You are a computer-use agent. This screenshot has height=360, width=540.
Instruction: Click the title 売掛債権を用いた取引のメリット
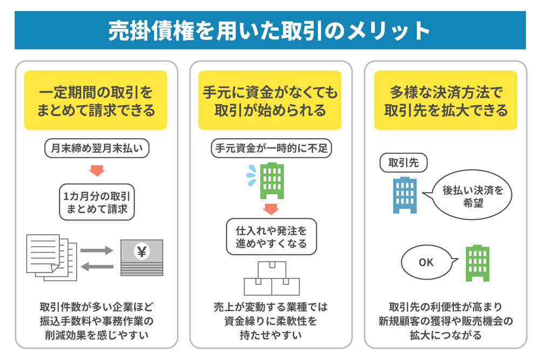tap(269, 31)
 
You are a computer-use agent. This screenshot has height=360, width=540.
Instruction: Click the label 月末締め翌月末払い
tap(97, 148)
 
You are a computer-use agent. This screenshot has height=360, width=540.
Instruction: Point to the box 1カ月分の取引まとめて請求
tap(97, 202)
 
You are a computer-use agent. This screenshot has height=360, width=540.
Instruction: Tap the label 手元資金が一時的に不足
tap(272, 148)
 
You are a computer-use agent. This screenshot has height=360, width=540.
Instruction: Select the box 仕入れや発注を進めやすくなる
tap(272, 237)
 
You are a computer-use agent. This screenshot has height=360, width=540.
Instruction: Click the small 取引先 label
tap(403, 162)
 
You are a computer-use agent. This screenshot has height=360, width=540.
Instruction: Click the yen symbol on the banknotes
tap(142, 252)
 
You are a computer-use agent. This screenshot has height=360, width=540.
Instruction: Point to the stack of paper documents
tap(52, 257)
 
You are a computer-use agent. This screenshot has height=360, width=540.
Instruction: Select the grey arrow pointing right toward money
tap(97, 250)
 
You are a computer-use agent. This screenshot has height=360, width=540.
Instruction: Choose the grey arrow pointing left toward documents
tap(97, 267)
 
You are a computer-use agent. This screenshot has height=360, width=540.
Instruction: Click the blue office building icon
tap(405, 195)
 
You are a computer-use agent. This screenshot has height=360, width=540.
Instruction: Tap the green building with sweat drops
tap(272, 181)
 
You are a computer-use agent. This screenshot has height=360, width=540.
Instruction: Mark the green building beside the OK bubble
tap(477, 263)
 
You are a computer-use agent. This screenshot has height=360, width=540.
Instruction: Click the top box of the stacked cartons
tap(272, 270)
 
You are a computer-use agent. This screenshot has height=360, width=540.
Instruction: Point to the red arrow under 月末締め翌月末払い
tap(97, 171)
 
